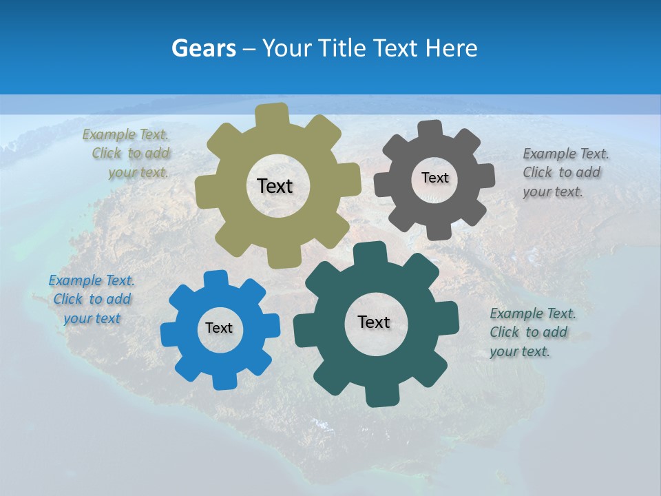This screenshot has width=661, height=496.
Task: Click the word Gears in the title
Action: [203, 48]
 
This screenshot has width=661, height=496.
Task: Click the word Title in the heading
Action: [343, 48]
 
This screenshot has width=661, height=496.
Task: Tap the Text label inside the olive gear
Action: [275, 186]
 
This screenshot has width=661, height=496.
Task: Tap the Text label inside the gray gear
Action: [434, 178]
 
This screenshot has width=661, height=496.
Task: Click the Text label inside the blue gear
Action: [219, 328]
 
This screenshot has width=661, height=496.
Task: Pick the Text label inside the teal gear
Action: [374, 322]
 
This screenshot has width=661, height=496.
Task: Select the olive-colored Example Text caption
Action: [126, 154]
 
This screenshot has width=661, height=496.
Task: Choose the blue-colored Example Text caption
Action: [92, 299]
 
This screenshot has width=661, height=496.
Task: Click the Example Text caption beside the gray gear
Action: [562, 172]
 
